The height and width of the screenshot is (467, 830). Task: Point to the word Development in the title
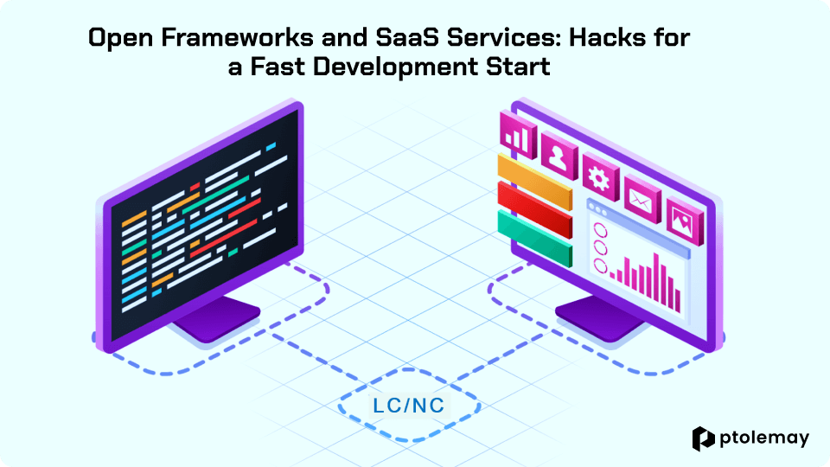394,67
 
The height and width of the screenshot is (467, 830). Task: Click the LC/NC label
409,406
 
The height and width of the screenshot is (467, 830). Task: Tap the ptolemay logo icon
704,438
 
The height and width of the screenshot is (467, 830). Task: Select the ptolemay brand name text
764,438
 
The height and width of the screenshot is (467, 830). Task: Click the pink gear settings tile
600,178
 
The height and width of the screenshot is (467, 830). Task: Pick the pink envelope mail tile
642,200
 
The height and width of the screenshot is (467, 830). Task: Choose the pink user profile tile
559,156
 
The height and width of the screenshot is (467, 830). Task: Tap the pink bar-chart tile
518,135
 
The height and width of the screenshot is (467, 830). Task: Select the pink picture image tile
684,221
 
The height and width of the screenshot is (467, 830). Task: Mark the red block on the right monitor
535,209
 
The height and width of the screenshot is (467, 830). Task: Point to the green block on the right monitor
535,239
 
